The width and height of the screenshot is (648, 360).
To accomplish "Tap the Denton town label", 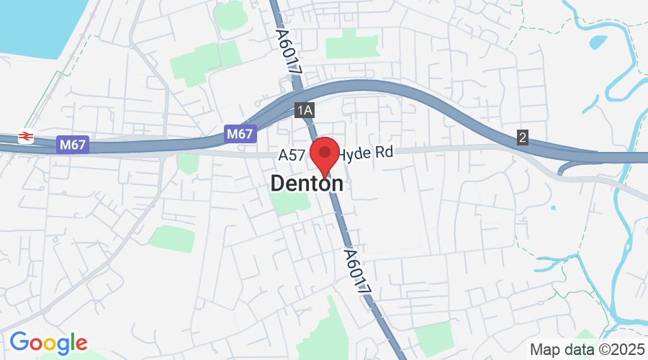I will tap(307, 184).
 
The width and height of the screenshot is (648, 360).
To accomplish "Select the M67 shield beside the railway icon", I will tap(73, 145).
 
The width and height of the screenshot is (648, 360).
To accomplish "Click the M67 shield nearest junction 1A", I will tap(240, 133).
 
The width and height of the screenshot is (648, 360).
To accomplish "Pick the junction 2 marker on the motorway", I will tap(522, 137).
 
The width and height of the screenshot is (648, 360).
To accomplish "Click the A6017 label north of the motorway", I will tap(287, 52).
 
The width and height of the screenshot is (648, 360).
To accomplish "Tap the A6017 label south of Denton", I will tap(357, 271).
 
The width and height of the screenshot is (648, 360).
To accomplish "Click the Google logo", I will tap(48, 343).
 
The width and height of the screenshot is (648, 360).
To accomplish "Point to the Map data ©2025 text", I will tap(587, 349).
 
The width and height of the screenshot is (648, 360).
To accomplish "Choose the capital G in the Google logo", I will tap(19, 342).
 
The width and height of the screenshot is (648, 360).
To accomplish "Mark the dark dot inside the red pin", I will tap(324, 152).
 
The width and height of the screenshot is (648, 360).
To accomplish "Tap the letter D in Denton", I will tap(279, 184).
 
